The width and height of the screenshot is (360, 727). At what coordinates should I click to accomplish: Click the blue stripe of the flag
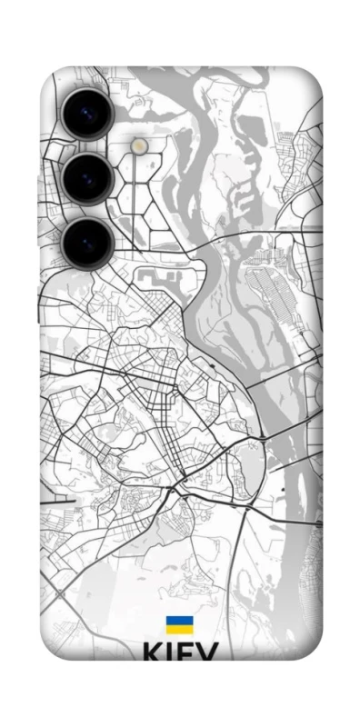tap(178, 620)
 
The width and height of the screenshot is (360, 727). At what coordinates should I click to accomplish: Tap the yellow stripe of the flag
tap(178, 628)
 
